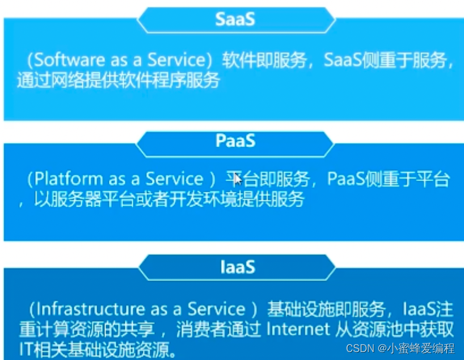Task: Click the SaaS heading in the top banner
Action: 235,19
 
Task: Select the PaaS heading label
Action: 235,140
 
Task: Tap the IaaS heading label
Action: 238,267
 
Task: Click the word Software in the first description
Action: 70,60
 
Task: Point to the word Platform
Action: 69,179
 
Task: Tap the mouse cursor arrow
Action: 238,179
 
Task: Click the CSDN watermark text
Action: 360,349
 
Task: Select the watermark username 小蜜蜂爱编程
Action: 421,349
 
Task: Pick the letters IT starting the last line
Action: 27,349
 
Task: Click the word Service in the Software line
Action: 176,60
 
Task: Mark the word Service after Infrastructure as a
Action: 217,309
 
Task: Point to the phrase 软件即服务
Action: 264,60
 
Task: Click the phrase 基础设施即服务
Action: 326,309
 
